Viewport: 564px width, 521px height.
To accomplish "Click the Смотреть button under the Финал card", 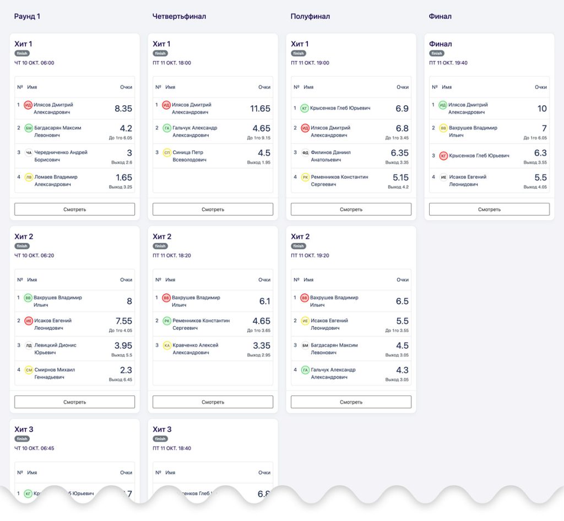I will coord(489,209).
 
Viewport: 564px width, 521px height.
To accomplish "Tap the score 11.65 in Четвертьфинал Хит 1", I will coord(260,108).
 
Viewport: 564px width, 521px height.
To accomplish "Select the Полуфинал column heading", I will coord(310,17).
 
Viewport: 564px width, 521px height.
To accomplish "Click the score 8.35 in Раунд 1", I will coord(123,108).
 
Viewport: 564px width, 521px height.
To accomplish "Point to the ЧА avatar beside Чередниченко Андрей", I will coord(29,153).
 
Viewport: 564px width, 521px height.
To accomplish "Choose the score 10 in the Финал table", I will coord(542,108).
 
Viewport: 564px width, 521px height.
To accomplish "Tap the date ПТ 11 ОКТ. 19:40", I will coord(448,63).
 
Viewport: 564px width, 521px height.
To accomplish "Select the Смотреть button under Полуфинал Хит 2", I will coord(351,402).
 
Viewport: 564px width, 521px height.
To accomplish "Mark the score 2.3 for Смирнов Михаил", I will coord(126,370).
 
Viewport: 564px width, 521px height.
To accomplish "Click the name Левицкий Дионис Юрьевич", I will coord(55,349).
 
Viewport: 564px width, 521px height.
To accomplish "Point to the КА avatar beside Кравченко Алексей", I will coord(167,345).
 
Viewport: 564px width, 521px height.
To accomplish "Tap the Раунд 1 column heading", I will coord(27,17).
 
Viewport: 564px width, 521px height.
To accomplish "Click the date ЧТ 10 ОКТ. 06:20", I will coord(34,256).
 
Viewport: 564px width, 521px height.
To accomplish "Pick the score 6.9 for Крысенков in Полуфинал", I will coord(402,108).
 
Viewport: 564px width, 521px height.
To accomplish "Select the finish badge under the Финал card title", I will coord(437,53).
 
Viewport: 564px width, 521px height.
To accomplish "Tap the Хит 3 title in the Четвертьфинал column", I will coord(161,430).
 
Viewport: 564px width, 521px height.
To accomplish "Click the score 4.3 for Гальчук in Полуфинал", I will coord(402,370).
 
